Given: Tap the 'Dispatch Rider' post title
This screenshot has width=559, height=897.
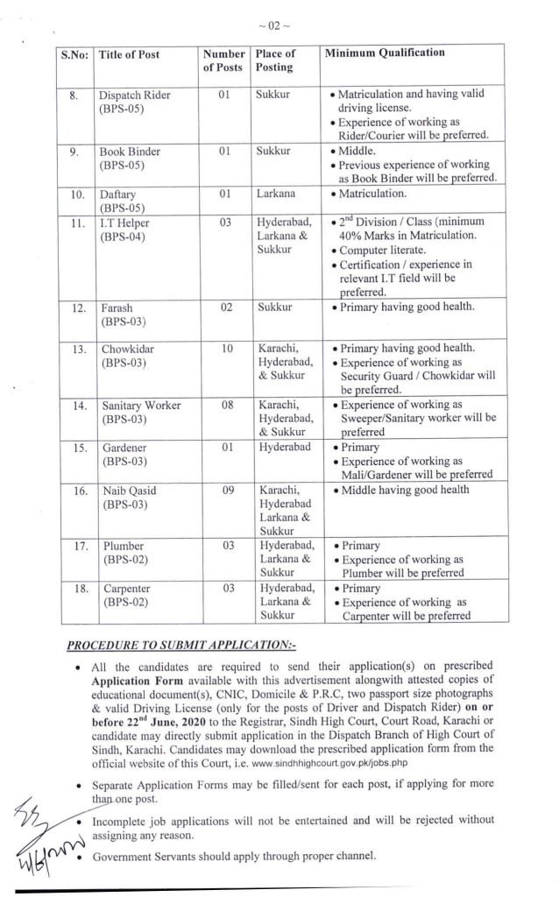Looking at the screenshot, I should (x=134, y=95).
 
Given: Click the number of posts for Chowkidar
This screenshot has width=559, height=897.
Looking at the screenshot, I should (x=227, y=349).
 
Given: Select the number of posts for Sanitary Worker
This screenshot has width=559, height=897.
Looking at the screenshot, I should (x=226, y=406).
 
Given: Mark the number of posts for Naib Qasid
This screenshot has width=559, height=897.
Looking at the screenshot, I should (x=226, y=491).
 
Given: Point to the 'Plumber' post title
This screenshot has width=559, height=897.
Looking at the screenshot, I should (x=123, y=547).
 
